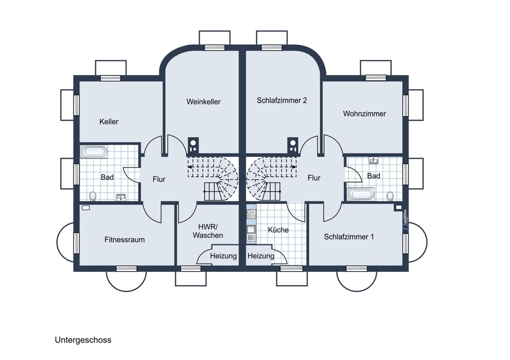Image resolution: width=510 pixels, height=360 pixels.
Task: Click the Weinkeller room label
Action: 203,102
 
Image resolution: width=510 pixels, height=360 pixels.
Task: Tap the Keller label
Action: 109,122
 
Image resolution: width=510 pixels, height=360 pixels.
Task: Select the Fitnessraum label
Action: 124,240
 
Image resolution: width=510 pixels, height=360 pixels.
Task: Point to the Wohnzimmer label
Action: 365,114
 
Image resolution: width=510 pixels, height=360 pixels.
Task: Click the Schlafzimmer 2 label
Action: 282,100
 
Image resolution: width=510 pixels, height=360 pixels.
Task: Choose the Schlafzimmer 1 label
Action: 349,237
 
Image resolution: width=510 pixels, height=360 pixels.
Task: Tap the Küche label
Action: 278,230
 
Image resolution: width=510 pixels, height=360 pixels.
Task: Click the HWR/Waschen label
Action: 208,231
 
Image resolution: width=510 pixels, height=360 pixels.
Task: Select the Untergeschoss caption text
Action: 83,340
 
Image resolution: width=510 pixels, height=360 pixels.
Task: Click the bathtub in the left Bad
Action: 94,151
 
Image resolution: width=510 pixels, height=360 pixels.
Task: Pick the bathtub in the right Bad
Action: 361,194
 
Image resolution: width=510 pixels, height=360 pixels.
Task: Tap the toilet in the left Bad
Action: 93,196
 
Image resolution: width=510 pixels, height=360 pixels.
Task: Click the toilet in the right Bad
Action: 390,196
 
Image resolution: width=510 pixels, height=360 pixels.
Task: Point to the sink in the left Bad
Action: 121,197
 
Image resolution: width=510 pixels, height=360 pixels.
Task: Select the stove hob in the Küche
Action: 251,214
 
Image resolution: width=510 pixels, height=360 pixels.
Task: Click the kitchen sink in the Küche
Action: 251,229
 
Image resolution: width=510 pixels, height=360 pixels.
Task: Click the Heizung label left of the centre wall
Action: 223,256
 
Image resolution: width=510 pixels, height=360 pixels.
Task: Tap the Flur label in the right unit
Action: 314,178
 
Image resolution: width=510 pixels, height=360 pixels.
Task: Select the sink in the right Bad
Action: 373,160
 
